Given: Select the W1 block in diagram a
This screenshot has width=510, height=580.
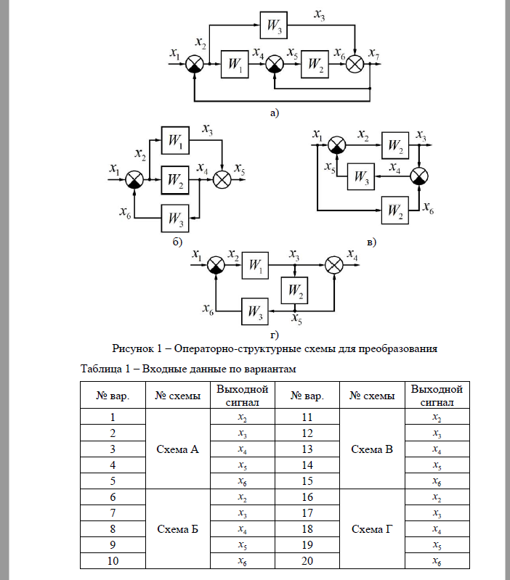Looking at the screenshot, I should click(x=234, y=64).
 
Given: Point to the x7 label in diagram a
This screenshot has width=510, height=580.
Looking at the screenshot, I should click(x=373, y=53).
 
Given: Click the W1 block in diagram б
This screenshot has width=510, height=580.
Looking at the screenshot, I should click(x=177, y=140).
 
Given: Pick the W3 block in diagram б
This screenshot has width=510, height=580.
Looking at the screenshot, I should click(x=176, y=216).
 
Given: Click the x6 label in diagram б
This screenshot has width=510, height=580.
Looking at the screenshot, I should click(x=126, y=211).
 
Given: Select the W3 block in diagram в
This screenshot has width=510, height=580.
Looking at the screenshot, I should click(x=360, y=176).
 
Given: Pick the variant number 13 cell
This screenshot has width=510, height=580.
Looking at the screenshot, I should click(x=307, y=449).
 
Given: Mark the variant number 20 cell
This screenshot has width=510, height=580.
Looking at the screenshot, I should click(x=307, y=561).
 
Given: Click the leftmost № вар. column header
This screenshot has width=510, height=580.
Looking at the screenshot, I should click(x=113, y=396).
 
